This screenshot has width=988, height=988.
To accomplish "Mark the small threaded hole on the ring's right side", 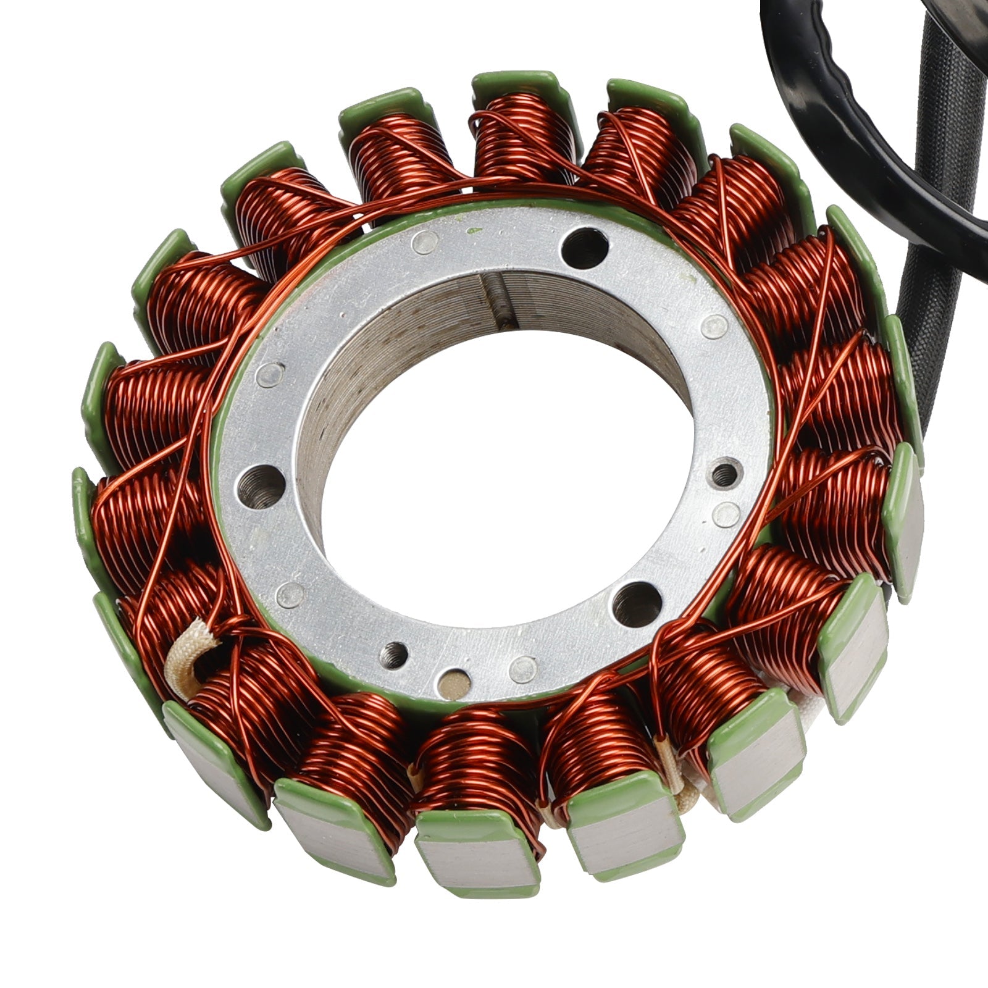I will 724,474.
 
